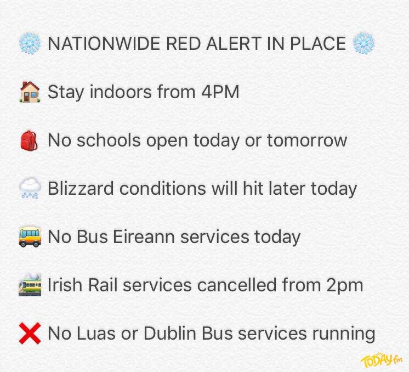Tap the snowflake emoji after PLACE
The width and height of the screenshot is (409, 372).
pyautogui.click(x=363, y=43)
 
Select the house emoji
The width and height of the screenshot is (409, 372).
pyautogui.click(x=29, y=91)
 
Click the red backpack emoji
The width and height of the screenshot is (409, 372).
pyautogui.click(x=29, y=140)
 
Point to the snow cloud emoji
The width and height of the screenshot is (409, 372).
pyautogui.click(x=29, y=189)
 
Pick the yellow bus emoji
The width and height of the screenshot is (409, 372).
pyautogui.click(x=29, y=237)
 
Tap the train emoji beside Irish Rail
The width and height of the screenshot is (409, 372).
pyautogui.click(x=29, y=285)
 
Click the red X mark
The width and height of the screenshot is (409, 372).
pyautogui.click(x=29, y=333)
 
